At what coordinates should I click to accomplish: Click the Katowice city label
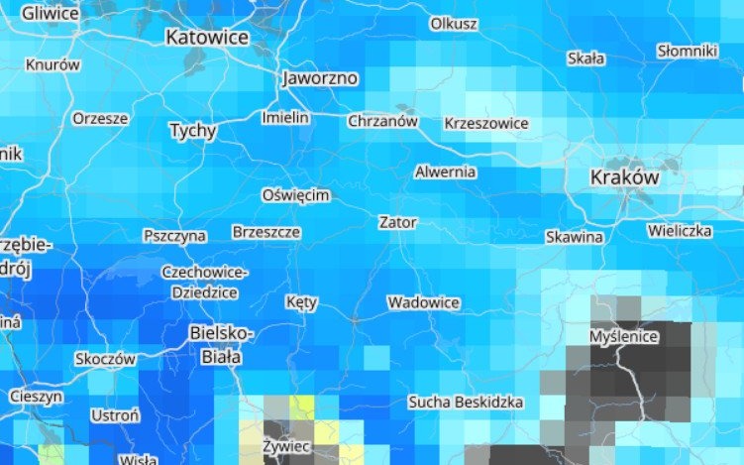click(206, 38)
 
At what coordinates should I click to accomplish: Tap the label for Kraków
click(623, 177)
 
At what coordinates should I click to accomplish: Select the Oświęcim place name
click(295, 195)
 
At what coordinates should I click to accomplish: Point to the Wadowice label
click(423, 301)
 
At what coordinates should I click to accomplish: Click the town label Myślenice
click(623, 336)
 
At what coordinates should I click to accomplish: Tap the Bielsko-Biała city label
click(221, 344)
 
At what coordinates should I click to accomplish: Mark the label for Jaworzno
click(319, 77)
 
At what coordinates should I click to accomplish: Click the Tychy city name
click(192, 130)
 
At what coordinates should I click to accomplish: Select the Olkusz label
click(454, 23)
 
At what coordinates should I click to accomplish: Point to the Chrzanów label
click(382, 121)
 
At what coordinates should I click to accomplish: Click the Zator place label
click(397, 222)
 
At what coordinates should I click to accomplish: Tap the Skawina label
click(574, 237)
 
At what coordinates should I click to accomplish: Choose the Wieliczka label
click(680, 231)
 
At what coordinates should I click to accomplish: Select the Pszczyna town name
click(174, 236)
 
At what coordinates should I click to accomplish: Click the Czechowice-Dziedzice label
click(204, 283)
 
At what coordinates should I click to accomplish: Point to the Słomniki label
click(687, 50)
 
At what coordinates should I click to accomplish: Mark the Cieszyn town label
click(36, 395)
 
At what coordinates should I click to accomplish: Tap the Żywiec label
click(287, 447)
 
